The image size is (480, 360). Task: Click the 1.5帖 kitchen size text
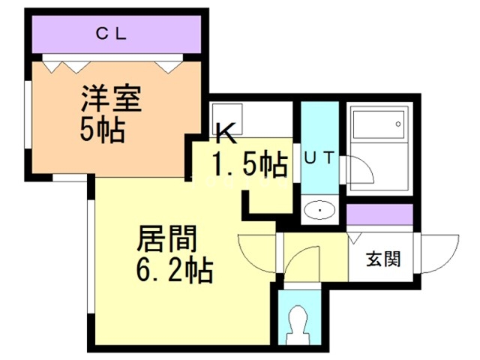point(250,164)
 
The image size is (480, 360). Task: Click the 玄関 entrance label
point(383,259)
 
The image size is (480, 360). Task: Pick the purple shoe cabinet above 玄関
point(380,214)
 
